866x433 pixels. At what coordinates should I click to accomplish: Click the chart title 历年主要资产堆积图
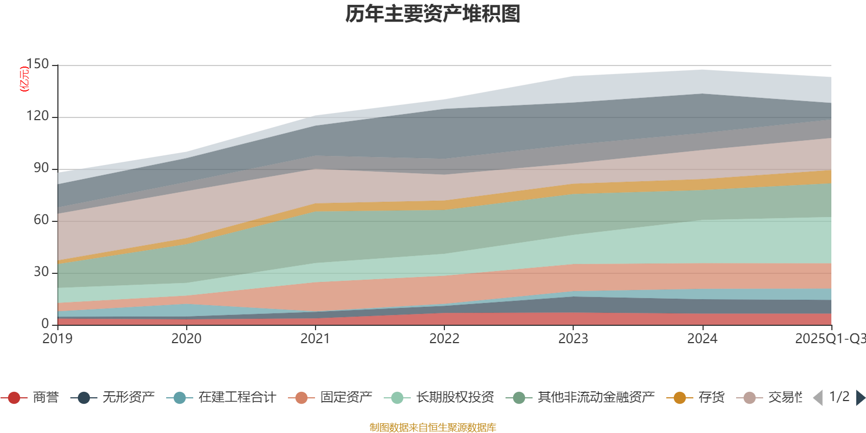pos(433,14)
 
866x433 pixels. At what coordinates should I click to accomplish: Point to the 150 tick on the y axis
pos(37,64)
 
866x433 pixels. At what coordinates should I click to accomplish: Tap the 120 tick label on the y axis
pos(37,116)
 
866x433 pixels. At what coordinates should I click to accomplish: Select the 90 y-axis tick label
pos(41,168)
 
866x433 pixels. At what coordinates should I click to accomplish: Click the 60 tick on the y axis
pos(41,220)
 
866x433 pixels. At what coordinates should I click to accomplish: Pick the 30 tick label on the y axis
pos(41,272)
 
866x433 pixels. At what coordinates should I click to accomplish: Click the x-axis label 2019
pos(57,339)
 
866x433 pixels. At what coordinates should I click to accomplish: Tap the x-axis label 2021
pos(315,339)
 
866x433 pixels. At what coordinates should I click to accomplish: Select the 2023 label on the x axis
pos(573,339)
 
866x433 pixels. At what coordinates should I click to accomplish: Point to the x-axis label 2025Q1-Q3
pos(829,339)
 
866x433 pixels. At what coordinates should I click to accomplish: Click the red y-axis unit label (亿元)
pos(24,79)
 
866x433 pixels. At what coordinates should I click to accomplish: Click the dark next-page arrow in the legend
pos(860,398)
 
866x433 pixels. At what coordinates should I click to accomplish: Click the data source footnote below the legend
pos(433,428)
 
